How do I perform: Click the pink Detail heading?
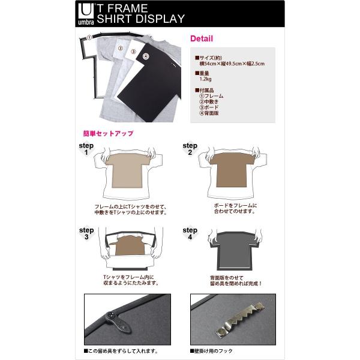pyautogui.click(x=202, y=39)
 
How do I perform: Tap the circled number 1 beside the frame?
pyautogui.click(x=89, y=37)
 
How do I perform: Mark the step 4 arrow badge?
pyautogui.click(x=190, y=233)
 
